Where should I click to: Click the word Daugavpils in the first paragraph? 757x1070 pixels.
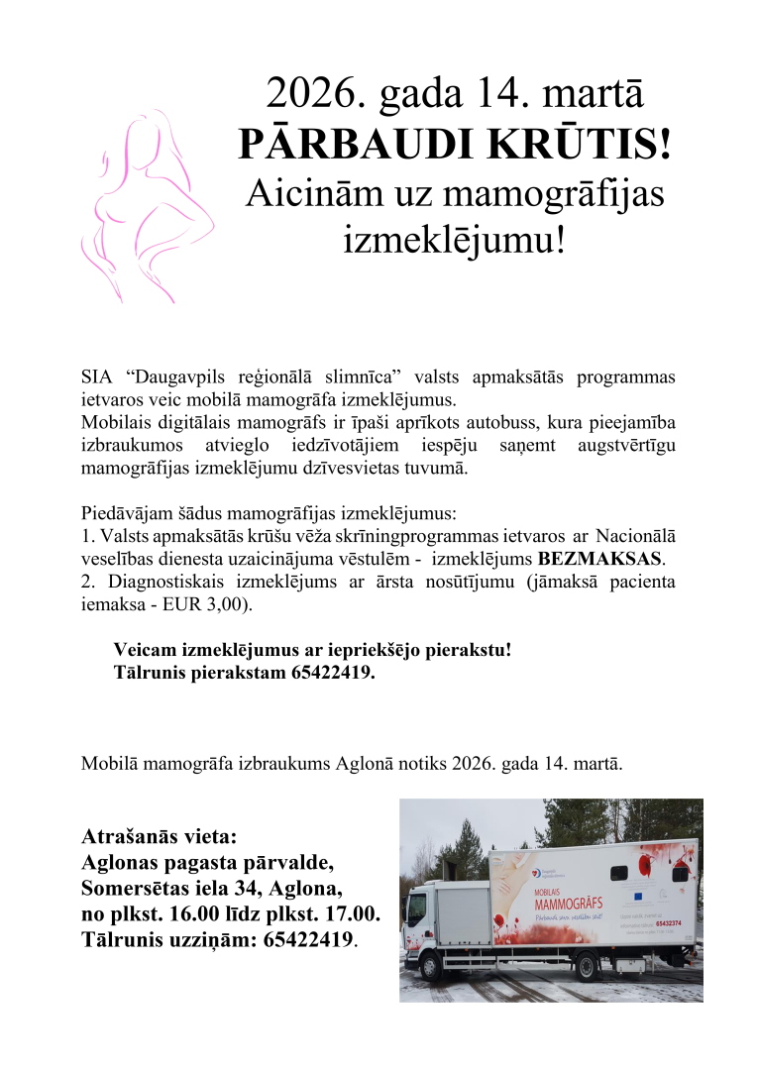pyautogui.click(x=178, y=377)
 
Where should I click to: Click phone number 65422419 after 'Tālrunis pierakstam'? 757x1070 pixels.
pyautogui.click(x=332, y=673)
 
